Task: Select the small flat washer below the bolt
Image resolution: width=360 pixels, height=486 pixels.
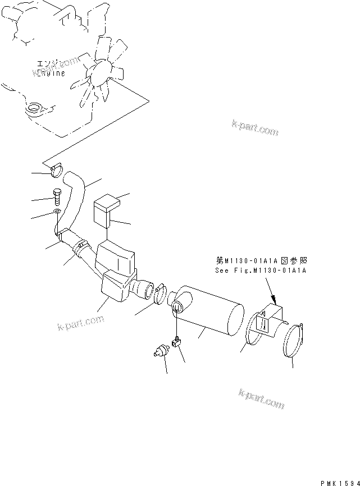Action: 57,212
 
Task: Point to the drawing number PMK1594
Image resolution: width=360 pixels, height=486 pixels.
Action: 339,482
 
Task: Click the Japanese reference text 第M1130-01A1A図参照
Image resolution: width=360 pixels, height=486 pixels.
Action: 262,261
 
